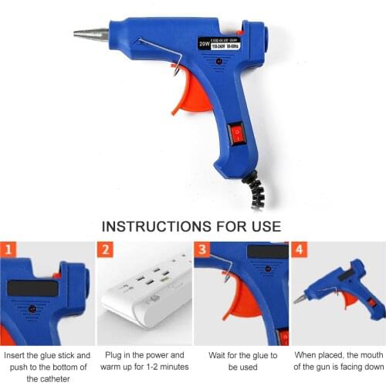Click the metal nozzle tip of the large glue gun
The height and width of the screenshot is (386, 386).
coord(92,35)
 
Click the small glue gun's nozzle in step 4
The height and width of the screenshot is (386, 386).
coord(300,299)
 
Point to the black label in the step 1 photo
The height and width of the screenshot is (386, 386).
coord(32,288)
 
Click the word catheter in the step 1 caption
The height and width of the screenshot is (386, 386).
coord(48,379)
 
